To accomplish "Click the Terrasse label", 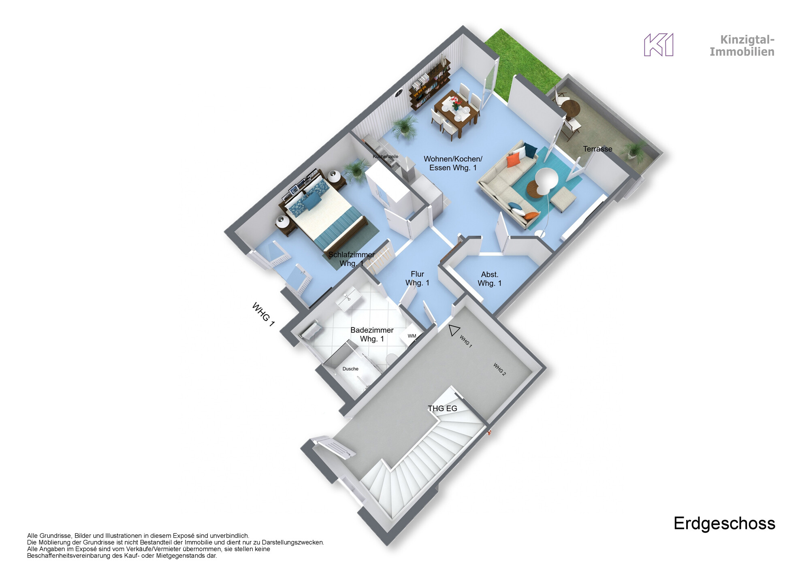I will [x=597, y=149].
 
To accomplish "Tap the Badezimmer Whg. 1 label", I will [x=372, y=335].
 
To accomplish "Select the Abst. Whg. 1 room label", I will [x=489, y=279].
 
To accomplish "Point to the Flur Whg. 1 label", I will [x=417, y=279].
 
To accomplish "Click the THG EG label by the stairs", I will [x=442, y=409].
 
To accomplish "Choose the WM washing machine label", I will [x=412, y=336].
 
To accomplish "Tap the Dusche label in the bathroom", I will [x=350, y=369].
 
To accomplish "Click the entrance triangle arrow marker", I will [x=453, y=330].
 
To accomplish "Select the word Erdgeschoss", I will [x=724, y=523].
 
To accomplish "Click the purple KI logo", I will [x=659, y=45].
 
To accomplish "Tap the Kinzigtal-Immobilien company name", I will [x=742, y=46].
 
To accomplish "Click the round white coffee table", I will [x=547, y=178].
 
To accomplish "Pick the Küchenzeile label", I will [x=386, y=157].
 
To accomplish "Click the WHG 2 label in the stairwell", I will [x=499, y=369].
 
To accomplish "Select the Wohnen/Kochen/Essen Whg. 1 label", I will [x=453, y=163].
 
